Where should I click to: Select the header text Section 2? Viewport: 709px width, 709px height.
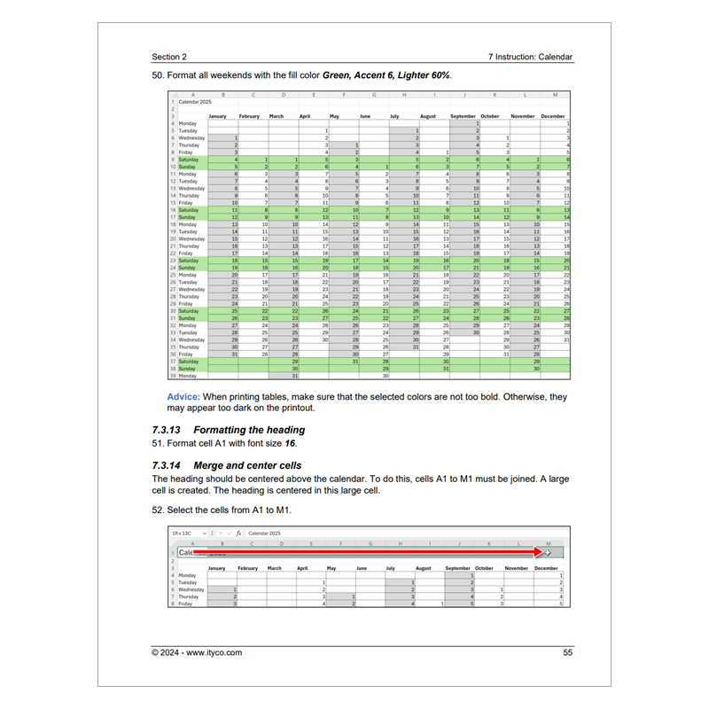(x=169, y=57)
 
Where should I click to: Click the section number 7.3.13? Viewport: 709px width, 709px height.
(x=171, y=430)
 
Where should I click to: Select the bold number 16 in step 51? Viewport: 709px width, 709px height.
(x=290, y=443)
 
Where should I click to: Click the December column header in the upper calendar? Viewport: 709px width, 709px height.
(x=552, y=116)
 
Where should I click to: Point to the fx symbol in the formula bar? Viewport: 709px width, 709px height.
(x=238, y=534)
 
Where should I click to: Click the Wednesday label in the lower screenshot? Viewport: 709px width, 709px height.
(x=192, y=588)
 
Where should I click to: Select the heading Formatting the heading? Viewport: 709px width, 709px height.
(x=255, y=430)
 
